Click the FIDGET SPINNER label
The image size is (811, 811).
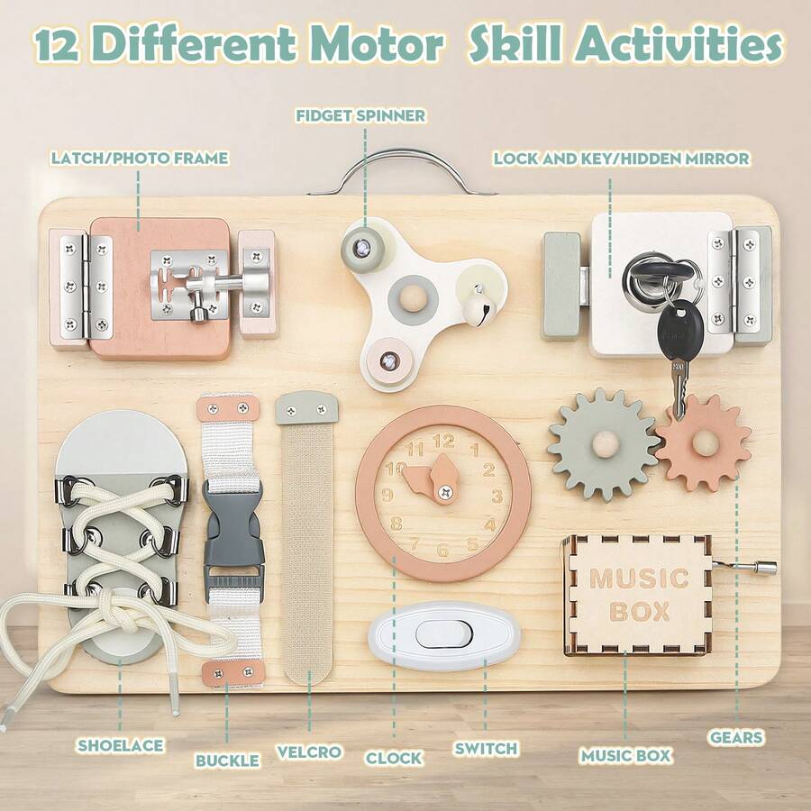pos(360,115)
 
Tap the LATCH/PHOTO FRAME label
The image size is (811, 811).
pos(140,159)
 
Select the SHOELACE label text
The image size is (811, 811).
pos(120,745)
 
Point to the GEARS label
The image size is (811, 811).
pos(736,737)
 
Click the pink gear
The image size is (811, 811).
pos(703,442)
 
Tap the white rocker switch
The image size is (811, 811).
pos(443,634)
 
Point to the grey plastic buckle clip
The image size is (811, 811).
pos(232,532)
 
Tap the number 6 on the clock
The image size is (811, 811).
pos(442,549)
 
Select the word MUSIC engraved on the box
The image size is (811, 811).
pos(639,578)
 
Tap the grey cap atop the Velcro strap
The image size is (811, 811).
pos(306,407)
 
